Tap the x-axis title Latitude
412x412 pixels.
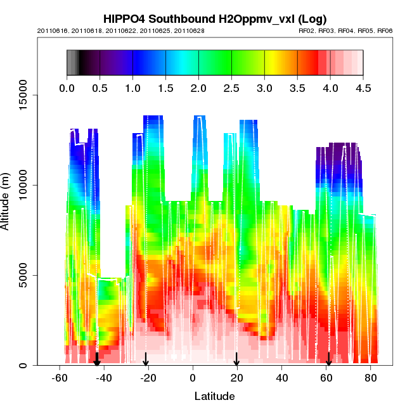point(214,397)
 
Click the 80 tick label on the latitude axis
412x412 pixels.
point(370,378)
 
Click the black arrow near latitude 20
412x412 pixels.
point(236,359)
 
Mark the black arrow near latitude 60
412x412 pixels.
point(328,359)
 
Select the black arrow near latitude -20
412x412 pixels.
point(146,359)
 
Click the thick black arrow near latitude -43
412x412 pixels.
point(96,359)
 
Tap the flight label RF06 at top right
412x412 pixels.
point(385,30)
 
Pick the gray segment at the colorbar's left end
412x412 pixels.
point(73,63)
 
